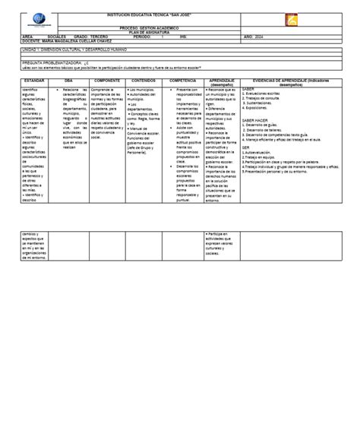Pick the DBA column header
tap(69, 79)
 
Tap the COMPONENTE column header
tap(106, 79)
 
